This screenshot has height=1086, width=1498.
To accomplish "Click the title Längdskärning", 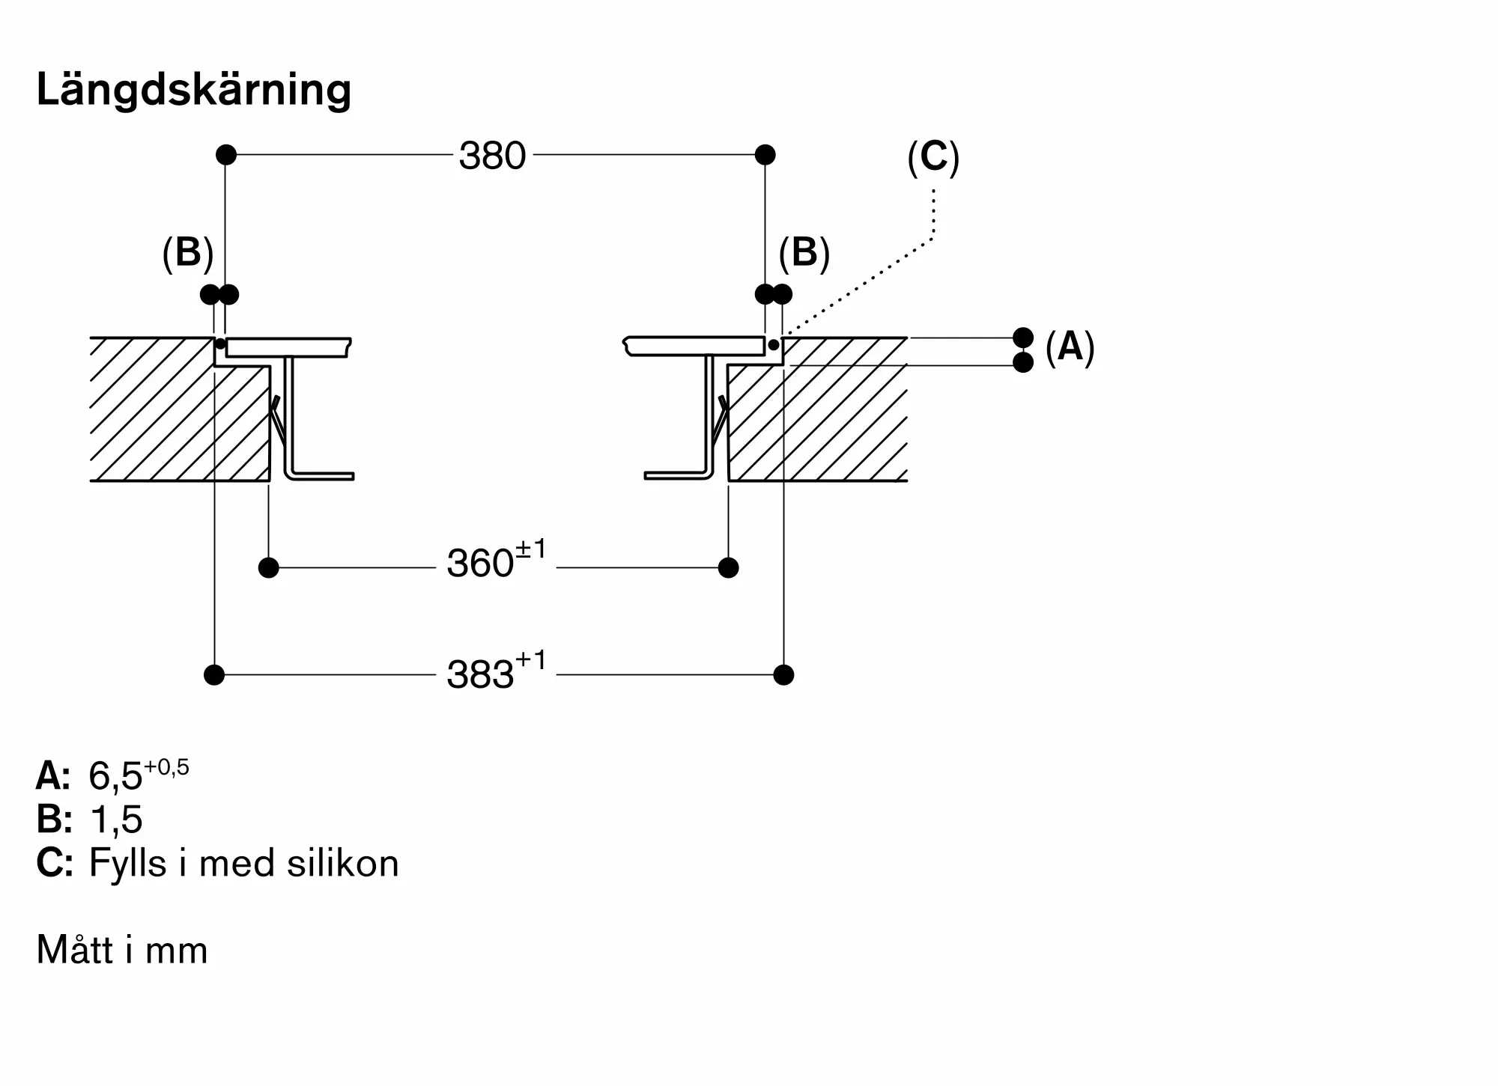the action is click(194, 90).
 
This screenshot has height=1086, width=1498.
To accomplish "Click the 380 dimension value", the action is click(493, 156).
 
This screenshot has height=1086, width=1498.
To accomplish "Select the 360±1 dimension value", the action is click(497, 560).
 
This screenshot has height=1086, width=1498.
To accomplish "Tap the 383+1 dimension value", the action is click(497, 671).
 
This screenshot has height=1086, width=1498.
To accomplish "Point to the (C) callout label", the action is click(933, 158).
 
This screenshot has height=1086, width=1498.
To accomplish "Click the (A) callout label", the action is click(1070, 347).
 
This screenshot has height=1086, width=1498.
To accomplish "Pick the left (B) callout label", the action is click(188, 253).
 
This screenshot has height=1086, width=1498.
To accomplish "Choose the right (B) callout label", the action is click(804, 253).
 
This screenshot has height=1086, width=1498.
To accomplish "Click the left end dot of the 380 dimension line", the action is click(226, 155).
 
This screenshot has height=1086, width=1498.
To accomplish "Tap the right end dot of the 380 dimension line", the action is click(765, 155).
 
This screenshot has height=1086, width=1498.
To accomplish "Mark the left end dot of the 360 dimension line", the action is click(268, 568).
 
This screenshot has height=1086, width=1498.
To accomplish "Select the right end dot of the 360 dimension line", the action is click(728, 568).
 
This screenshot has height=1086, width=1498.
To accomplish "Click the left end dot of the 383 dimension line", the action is click(214, 675).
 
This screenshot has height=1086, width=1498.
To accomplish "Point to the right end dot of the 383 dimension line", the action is click(783, 675).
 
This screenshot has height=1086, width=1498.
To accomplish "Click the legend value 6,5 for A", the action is click(139, 775).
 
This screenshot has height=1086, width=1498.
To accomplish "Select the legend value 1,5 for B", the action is click(115, 820).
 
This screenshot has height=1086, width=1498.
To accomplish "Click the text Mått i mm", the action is click(122, 951).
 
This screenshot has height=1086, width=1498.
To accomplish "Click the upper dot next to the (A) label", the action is click(1023, 338).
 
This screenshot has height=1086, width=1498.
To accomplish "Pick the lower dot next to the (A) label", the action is click(1023, 362).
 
